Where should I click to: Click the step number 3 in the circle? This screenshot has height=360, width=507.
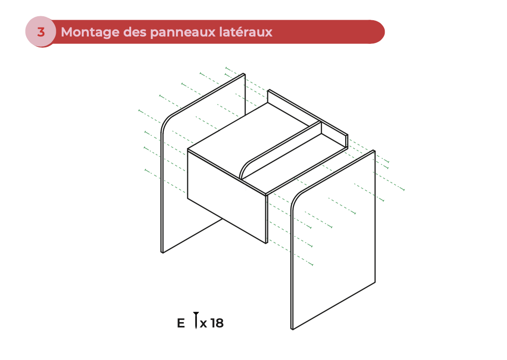[41, 32]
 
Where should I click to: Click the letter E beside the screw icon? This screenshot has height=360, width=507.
[181, 324]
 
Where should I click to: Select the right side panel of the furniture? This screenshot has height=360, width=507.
[335, 242]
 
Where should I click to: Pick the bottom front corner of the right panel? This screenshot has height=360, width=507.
[292, 329]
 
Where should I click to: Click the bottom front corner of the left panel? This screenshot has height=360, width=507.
[162, 252]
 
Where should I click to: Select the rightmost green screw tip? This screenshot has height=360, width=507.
[404, 190]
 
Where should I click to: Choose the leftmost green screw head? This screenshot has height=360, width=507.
[139, 110]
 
